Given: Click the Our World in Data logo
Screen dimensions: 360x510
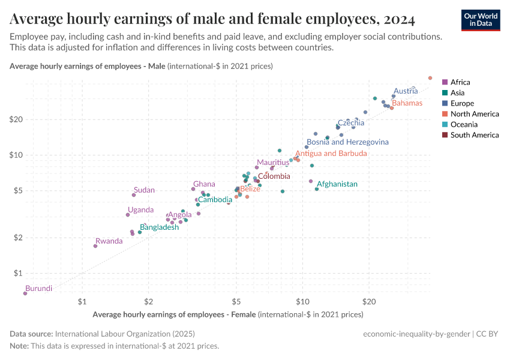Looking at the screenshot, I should click(x=480, y=20).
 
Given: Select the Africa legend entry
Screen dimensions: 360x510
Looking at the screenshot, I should click(x=460, y=82).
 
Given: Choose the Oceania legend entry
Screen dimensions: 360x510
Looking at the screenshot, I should click(x=464, y=124).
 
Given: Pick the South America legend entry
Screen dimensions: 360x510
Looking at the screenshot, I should click(x=474, y=135).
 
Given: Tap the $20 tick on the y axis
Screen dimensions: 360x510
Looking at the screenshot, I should click(x=16, y=119).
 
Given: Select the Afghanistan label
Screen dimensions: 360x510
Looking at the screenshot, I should click(x=337, y=184).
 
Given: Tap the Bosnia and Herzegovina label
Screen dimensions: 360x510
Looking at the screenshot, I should click(x=347, y=142).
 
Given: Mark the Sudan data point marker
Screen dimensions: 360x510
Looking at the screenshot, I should click(x=134, y=195).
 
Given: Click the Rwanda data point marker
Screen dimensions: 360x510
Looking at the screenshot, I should click(x=95, y=246).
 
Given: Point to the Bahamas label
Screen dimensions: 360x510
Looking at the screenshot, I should click(x=407, y=103).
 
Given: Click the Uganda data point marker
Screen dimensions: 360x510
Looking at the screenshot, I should click(x=128, y=215).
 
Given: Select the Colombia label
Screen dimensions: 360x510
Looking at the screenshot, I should click(x=274, y=176).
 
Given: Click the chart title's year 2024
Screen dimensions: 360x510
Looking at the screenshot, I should click(x=396, y=20).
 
